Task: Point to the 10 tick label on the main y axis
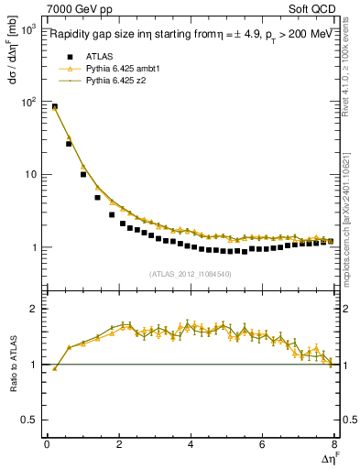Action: [x=30, y=174]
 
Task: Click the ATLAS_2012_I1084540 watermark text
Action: [x=191, y=274]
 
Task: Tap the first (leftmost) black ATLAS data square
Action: [x=54, y=107]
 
